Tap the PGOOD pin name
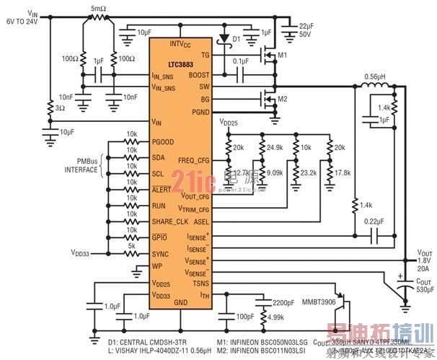pyautogui.click(x=164, y=141)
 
